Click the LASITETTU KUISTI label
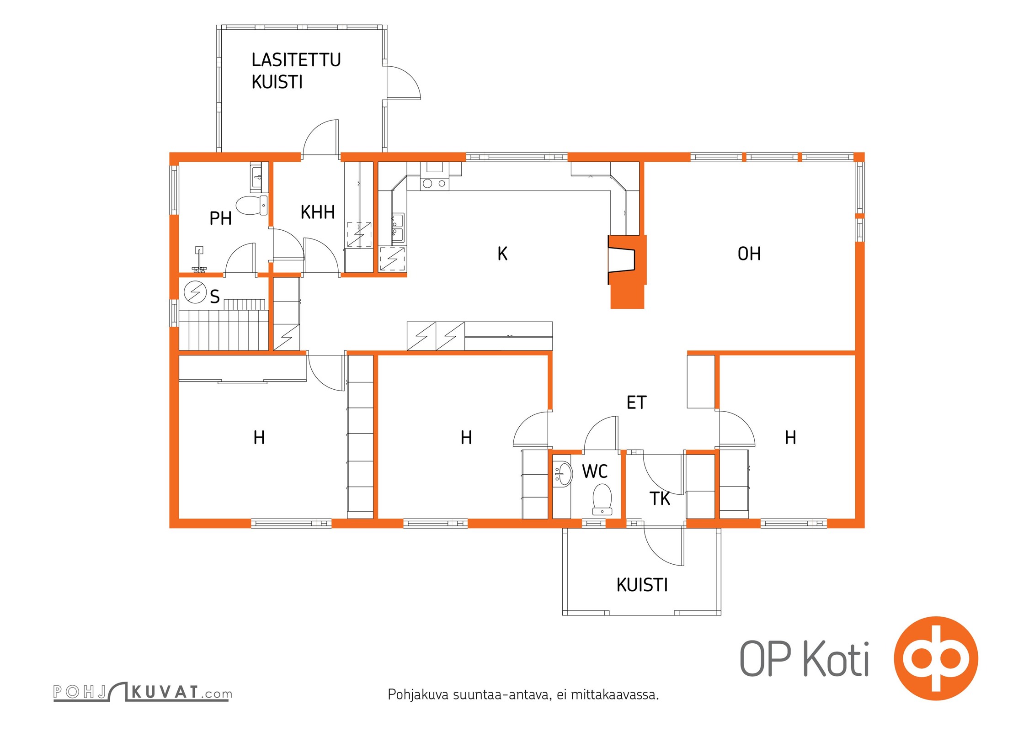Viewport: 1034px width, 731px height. tap(296, 71)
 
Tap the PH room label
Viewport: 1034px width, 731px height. tap(220, 218)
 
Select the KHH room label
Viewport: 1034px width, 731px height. tap(318, 212)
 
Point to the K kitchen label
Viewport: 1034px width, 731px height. tap(502, 254)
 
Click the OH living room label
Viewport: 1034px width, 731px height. tap(749, 254)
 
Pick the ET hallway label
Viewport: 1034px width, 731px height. tap(636, 403)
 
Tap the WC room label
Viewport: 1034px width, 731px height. tap(595, 471)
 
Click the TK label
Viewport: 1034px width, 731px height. tap(660, 499)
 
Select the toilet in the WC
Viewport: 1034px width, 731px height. tap(602, 499)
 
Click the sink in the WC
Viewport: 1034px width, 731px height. tap(563, 474)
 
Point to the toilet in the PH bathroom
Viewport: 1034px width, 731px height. tap(252, 206)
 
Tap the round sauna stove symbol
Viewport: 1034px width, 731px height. tap(195, 292)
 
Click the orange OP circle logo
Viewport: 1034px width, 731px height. tap(936, 658)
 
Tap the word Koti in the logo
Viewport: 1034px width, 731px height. tap(836, 659)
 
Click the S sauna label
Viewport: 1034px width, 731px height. tap(215, 297)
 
